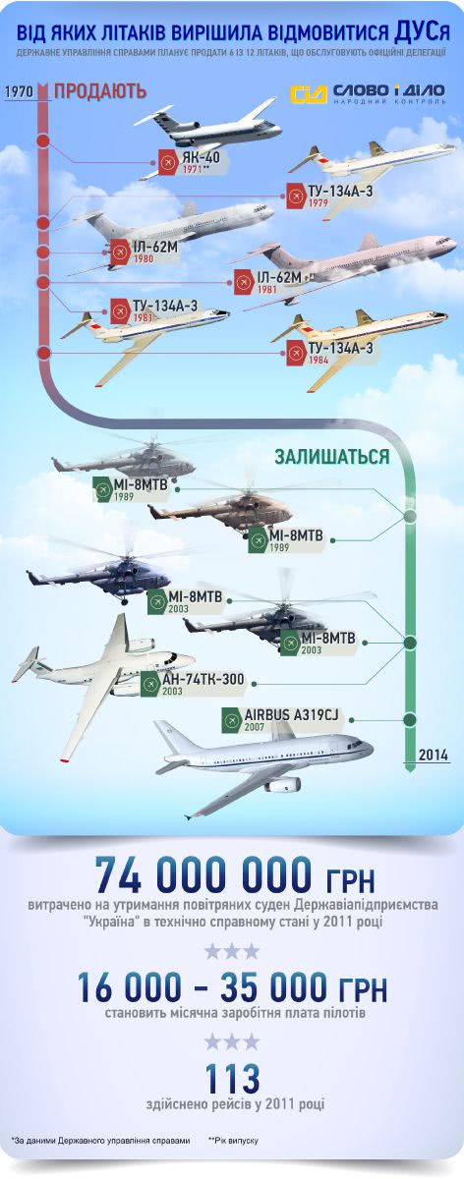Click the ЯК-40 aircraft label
(x=202, y=156)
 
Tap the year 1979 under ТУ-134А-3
(x=319, y=202)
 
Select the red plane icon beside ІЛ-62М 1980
(x=120, y=253)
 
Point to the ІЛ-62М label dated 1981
(x=279, y=277)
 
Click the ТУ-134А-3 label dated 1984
(x=341, y=348)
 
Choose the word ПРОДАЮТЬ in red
(x=100, y=91)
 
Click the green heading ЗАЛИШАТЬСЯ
(x=332, y=456)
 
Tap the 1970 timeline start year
(x=19, y=91)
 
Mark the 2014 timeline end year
(x=434, y=755)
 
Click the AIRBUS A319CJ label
(x=291, y=715)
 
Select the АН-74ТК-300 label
(x=203, y=679)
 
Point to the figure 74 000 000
(x=203, y=875)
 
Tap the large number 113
(x=232, y=1078)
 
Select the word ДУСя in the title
(x=422, y=32)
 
